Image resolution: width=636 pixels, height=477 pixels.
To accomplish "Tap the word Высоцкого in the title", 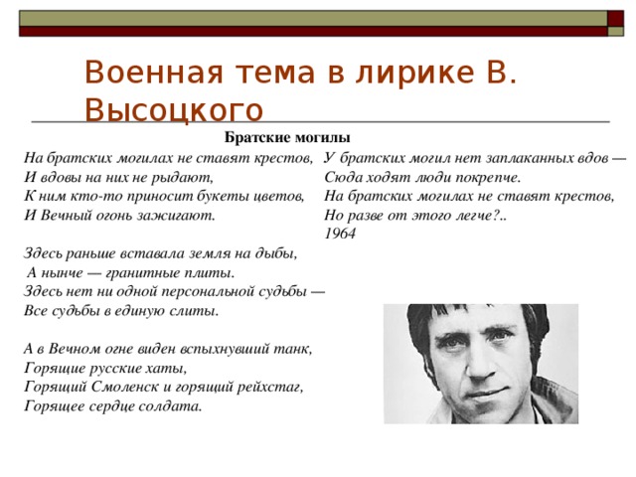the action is pyautogui.click(x=174, y=110).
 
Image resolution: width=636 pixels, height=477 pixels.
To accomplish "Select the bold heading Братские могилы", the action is pyautogui.click(x=287, y=137).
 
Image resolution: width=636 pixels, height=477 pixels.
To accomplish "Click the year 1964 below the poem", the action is pyautogui.click(x=340, y=234).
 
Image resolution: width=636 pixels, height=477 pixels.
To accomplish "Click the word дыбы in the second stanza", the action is pyautogui.click(x=276, y=254).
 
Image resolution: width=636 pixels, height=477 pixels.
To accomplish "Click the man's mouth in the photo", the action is pyautogui.click(x=488, y=392).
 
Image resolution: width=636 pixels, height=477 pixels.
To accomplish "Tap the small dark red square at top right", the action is pyautogui.click(x=615, y=19).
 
